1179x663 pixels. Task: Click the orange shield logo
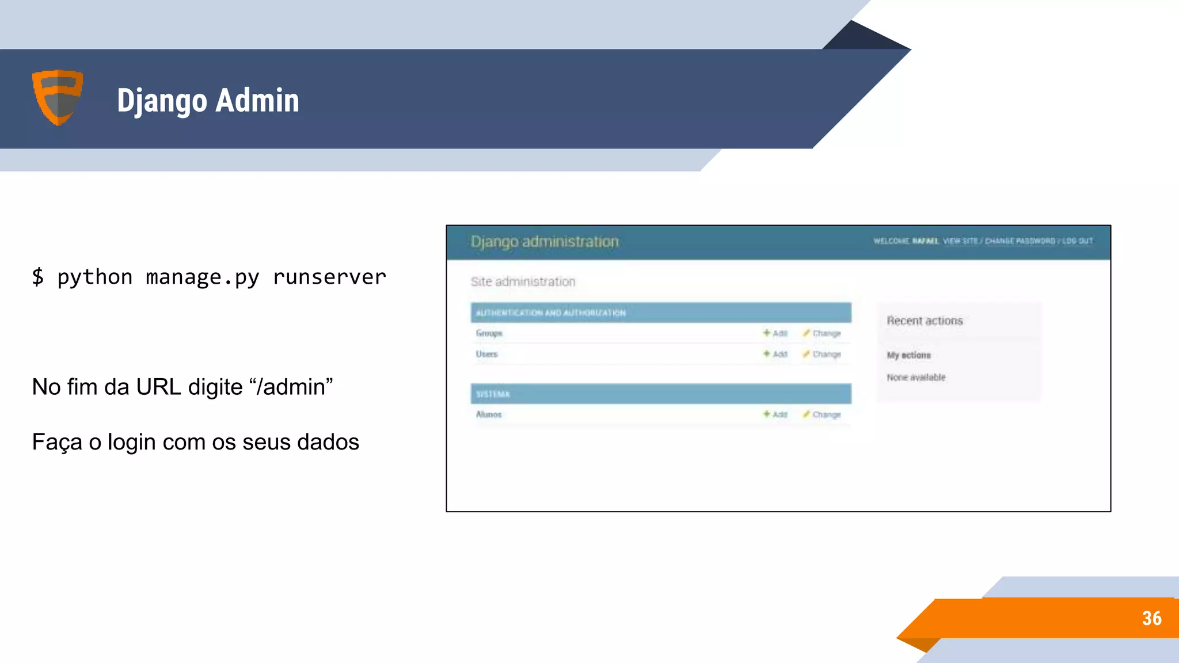point(58,97)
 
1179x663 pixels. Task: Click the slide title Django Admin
point(208,101)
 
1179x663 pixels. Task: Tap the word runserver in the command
point(329,277)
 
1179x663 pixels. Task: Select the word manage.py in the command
point(203,277)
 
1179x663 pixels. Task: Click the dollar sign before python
point(38,277)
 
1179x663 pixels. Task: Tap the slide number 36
point(1151,619)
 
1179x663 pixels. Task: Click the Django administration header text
point(545,242)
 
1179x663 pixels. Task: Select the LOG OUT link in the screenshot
point(1077,241)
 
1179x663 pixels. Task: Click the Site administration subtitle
point(523,282)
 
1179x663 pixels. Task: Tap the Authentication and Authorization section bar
point(660,313)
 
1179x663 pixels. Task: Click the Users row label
point(486,355)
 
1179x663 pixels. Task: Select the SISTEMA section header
point(493,394)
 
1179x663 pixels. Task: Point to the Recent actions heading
point(925,321)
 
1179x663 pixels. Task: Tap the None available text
point(916,378)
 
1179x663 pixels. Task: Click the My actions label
point(908,356)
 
